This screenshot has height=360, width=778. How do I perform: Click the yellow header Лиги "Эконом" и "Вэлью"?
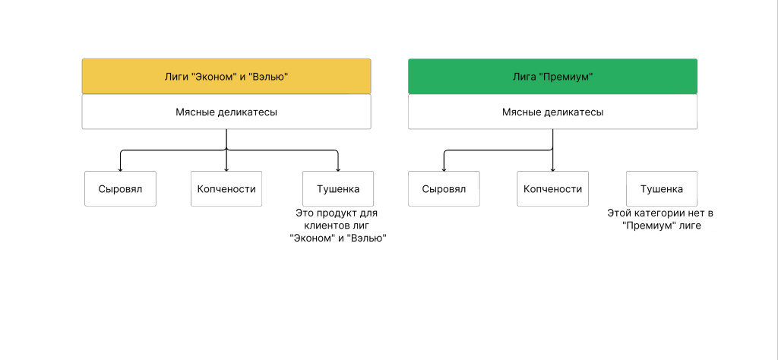(226, 77)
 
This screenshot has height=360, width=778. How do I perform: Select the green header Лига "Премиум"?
(552, 77)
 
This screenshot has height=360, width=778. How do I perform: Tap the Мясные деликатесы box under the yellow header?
(226, 112)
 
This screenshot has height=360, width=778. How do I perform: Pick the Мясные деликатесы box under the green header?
(552, 112)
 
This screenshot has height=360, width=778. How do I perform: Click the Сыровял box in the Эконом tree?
(120, 189)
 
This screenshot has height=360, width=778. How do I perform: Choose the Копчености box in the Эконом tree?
(226, 189)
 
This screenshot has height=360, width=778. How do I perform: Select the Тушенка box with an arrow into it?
(338, 189)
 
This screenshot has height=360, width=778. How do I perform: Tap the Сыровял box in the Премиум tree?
(444, 189)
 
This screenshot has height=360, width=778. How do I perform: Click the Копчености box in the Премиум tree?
(552, 189)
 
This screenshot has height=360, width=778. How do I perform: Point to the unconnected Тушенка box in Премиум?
(661, 189)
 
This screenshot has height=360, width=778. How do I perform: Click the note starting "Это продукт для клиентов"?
(337, 226)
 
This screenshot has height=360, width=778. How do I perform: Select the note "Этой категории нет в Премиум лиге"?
(660, 219)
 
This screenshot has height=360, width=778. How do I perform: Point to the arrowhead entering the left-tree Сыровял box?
(120, 169)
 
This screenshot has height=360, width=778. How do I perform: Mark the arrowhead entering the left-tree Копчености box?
(226, 169)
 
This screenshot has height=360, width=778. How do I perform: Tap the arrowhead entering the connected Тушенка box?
(338, 169)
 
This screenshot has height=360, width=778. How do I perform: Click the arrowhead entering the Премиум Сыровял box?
(444, 169)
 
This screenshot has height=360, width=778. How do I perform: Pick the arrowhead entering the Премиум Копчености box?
(552, 169)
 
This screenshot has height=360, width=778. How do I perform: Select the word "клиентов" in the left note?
(327, 226)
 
